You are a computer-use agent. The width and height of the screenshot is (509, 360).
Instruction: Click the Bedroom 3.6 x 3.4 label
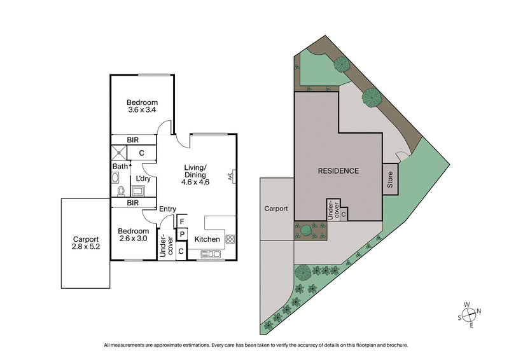[x=141, y=106]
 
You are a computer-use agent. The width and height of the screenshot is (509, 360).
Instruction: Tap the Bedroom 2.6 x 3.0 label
[x=133, y=235]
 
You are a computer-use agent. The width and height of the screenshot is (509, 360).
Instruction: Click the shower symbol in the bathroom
[x=118, y=153]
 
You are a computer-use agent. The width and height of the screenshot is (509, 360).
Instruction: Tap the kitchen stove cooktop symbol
[x=230, y=240]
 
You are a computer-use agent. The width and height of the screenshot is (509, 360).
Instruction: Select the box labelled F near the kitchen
[x=181, y=221]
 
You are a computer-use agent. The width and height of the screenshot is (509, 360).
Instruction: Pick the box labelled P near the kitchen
[x=181, y=235]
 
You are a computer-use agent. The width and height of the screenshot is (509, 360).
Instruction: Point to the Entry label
[x=167, y=209]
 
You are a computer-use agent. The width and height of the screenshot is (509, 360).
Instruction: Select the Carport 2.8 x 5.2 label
[x=86, y=242]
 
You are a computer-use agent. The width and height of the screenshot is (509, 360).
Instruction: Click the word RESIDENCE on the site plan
[x=338, y=171]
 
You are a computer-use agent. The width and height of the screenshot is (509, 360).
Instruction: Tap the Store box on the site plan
[x=390, y=180]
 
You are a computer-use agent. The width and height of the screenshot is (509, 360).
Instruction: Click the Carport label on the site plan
[x=276, y=209]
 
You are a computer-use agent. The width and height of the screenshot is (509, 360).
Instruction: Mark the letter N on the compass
[x=479, y=311]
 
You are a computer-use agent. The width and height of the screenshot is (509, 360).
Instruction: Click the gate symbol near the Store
[x=401, y=157]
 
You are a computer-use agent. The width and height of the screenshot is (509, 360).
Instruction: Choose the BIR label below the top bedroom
[x=133, y=140]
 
